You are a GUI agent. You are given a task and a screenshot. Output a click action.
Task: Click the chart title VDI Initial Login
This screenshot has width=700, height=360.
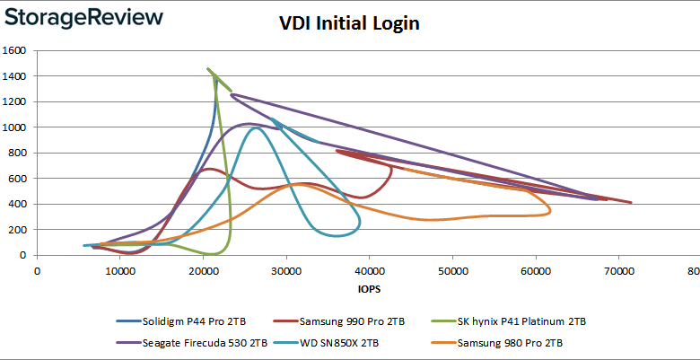point(350,24)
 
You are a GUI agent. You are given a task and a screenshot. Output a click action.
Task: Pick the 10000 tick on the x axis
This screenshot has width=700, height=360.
point(119,270)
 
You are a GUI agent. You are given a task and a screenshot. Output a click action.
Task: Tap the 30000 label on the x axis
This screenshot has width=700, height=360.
point(285,270)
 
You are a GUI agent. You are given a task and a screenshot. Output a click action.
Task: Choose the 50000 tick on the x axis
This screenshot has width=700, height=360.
point(451,270)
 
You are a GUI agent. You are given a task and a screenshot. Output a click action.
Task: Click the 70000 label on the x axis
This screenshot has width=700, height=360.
point(617,270)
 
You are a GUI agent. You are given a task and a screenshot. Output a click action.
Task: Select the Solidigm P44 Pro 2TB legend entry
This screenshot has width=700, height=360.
point(182,321)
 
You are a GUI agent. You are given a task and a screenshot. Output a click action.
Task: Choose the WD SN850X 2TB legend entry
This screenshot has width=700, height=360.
point(334,341)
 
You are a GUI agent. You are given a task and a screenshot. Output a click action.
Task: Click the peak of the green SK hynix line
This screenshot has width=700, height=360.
point(208,68)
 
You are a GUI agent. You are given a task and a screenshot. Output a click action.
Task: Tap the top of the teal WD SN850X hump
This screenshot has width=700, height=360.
point(257,127)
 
